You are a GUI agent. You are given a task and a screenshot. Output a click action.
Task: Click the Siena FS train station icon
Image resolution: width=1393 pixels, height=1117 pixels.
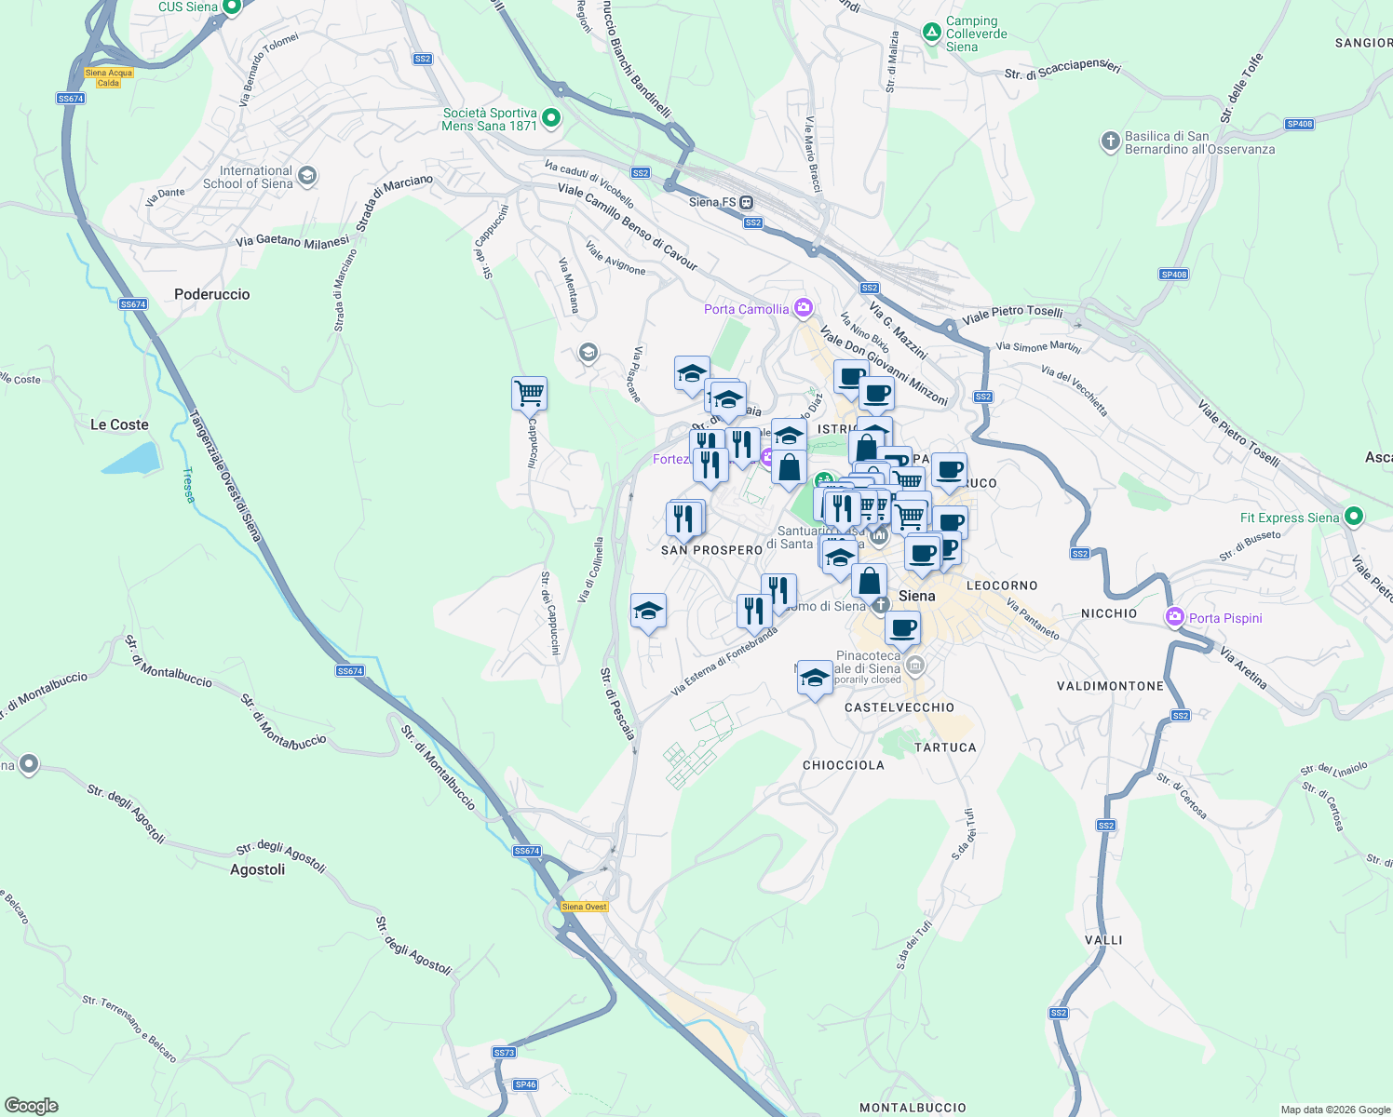(x=746, y=202)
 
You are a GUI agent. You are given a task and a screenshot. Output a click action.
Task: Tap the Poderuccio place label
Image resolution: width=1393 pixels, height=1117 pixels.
(x=212, y=294)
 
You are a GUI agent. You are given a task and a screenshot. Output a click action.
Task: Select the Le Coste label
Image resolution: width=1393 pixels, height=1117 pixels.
(x=119, y=424)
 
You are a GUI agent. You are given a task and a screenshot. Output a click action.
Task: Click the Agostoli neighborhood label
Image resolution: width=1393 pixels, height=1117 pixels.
(x=258, y=869)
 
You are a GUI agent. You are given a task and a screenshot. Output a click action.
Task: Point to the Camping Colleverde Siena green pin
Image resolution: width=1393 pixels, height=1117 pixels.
(x=931, y=33)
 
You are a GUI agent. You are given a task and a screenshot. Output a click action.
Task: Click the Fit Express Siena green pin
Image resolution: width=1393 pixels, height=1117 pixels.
(x=1355, y=516)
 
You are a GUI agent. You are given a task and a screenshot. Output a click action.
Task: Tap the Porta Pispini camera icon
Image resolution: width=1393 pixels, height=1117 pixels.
(x=1175, y=616)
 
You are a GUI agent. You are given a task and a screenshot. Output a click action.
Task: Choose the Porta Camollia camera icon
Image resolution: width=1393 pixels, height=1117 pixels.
(x=804, y=308)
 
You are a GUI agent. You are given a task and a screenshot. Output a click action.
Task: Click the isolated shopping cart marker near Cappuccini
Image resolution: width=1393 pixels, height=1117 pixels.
(x=529, y=393)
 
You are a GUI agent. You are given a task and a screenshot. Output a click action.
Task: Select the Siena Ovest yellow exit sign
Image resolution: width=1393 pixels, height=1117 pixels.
(x=585, y=907)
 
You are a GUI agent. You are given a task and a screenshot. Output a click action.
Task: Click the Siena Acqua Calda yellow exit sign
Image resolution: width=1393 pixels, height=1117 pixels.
(x=109, y=77)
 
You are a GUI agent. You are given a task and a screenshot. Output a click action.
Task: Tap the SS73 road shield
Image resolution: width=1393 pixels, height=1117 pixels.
(x=504, y=1053)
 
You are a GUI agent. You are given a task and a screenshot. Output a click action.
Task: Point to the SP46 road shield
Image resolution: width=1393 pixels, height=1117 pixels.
(x=525, y=1084)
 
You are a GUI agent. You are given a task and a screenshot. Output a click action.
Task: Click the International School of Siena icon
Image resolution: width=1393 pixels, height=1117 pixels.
(x=307, y=176)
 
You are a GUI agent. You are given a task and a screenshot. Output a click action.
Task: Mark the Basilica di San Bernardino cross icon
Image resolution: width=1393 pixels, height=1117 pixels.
(x=1110, y=141)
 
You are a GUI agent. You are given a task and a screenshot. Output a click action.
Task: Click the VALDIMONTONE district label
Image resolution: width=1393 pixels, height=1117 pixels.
(x=1110, y=686)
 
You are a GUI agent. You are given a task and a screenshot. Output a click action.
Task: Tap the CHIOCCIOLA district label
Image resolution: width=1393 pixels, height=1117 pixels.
(x=844, y=765)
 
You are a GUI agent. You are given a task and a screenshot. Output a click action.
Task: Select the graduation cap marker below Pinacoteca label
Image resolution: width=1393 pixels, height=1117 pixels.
(x=815, y=678)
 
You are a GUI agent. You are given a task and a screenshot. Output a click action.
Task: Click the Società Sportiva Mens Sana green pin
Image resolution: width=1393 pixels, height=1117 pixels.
(x=551, y=118)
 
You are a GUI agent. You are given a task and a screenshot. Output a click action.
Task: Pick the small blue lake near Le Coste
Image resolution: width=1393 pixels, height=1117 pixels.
(x=130, y=459)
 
